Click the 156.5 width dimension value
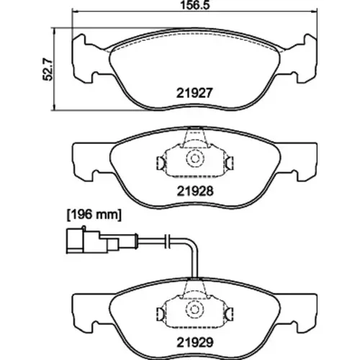(x=195, y=5)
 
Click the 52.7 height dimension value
(x=48, y=70)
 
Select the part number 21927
(x=194, y=93)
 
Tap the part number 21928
(x=195, y=192)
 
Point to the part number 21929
(x=195, y=343)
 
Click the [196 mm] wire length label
(x=94, y=215)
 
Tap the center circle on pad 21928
(x=194, y=158)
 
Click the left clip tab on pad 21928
(x=161, y=163)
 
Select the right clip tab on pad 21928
(x=230, y=163)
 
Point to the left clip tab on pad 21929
(x=161, y=314)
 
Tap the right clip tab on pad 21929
(x=230, y=314)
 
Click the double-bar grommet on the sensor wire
(x=167, y=240)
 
